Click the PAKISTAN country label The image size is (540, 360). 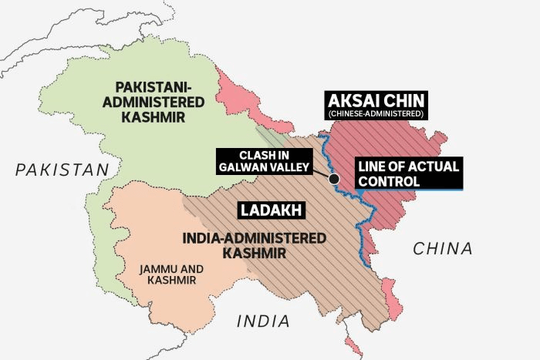point(59,170)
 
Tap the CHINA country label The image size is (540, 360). point(442,248)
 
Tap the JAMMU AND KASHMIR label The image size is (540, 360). point(172,274)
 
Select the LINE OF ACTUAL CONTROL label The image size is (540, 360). point(407,173)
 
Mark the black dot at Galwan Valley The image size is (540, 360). point(334,180)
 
